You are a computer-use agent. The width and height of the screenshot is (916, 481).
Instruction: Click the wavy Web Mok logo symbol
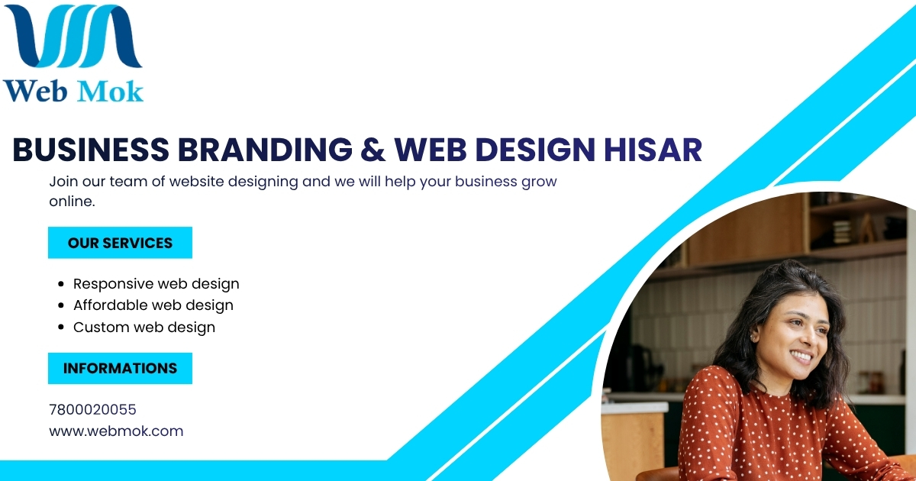click(73, 36)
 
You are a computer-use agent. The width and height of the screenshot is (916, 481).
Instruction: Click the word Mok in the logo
click(110, 91)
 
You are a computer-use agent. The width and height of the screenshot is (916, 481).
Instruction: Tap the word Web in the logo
click(35, 91)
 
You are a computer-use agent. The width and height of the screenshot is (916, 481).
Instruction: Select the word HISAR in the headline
click(653, 150)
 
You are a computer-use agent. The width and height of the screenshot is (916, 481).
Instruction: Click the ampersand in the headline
click(373, 150)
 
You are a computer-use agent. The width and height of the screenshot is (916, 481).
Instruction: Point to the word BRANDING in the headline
click(265, 150)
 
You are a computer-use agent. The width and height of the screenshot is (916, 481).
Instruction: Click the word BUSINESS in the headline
click(91, 150)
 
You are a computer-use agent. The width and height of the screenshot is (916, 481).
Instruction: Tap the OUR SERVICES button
click(121, 243)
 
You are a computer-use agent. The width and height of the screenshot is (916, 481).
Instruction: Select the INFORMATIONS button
click(121, 368)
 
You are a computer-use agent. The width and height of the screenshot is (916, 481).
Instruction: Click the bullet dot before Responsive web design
click(61, 284)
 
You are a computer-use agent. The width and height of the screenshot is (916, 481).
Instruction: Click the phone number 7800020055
click(92, 409)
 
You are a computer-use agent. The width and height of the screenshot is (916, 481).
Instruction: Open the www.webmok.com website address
click(116, 431)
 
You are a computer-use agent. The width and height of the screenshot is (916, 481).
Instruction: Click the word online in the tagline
click(70, 202)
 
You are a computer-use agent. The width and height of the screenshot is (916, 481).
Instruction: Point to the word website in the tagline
click(196, 181)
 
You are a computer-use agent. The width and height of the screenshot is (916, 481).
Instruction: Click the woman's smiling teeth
click(801, 357)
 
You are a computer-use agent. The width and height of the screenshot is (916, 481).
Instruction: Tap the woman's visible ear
click(753, 336)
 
